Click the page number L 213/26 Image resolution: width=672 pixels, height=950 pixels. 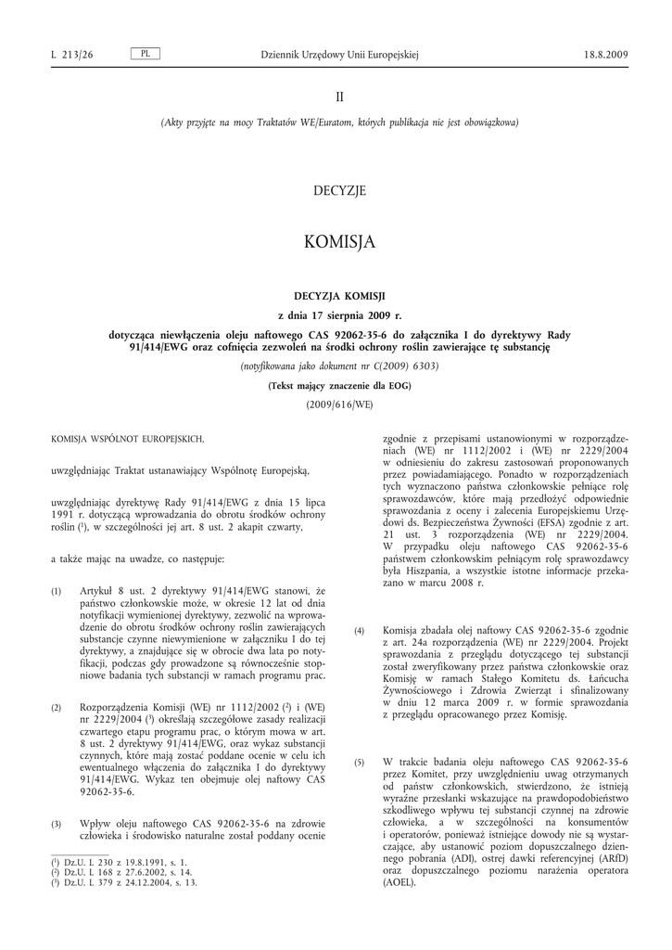coord(72,56)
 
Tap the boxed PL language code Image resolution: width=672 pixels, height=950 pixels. coord(146,55)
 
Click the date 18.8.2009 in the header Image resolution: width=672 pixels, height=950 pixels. coord(606,56)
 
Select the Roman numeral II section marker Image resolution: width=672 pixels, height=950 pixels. coord(339,96)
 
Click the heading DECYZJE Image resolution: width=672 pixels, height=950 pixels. coord(339,191)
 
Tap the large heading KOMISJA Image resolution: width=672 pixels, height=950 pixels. coord(339,242)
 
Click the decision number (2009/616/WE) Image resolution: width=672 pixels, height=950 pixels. coord(339,404)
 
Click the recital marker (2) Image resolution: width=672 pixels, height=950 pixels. coord(57,708)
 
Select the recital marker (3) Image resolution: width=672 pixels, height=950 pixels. coord(57,824)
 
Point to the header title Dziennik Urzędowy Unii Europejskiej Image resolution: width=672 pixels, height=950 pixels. coord(340,56)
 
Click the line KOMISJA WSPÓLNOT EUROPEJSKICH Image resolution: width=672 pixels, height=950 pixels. coord(127,438)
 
